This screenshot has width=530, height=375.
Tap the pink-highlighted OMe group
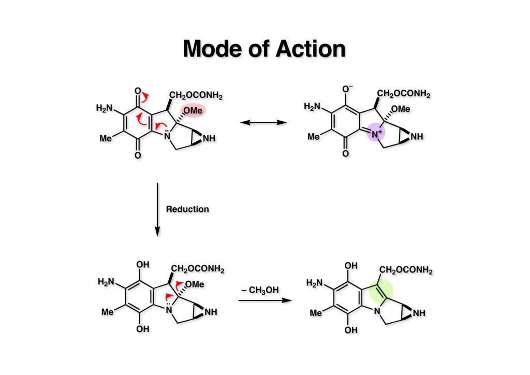point(193,110)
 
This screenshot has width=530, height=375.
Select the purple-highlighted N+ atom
point(376,134)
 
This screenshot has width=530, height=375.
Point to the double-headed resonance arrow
point(264,123)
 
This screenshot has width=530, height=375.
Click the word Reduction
point(187,209)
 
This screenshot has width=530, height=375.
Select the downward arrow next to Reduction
point(157,210)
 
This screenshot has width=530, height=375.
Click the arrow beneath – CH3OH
point(262,300)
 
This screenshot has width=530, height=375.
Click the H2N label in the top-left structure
point(105,108)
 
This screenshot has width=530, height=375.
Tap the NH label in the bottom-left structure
point(211,312)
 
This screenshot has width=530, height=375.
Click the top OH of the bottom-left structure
point(143,265)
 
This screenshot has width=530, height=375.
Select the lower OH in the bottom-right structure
point(351,330)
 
